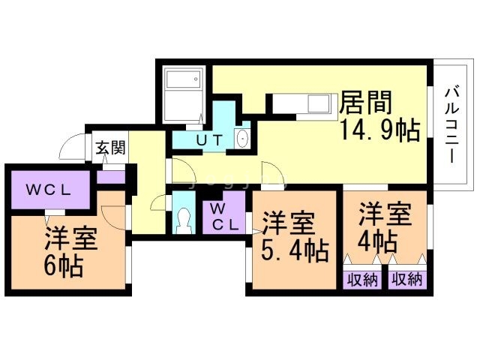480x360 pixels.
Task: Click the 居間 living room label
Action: pos(366,103)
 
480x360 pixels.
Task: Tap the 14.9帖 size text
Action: pos(379,130)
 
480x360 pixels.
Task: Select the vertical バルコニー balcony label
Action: pos(451,125)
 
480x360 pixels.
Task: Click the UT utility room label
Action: pos(209,140)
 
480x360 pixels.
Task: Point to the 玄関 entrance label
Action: pos(110,148)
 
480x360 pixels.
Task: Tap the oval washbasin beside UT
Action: pos(243,138)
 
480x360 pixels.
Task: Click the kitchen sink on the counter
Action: pos(318,103)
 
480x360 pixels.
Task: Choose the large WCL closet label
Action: pos(48,190)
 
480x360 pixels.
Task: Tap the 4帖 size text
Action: pos(378,241)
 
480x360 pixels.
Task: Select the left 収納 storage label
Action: pos(362,280)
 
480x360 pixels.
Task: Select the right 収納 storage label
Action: pos(407,280)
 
